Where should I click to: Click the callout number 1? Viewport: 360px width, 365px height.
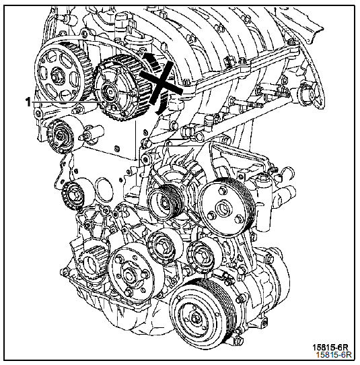click(x=28, y=102)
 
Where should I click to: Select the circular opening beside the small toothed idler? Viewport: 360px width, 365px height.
click(x=104, y=191)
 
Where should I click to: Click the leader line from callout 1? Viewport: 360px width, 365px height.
click(x=68, y=102)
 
